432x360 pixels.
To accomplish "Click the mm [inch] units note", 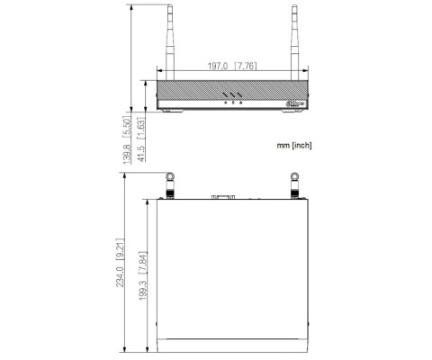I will click(x=294, y=144).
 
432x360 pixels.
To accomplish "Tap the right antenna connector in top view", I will click(x=293, y=186).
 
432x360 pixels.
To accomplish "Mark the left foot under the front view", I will click(x=170, y=112).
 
